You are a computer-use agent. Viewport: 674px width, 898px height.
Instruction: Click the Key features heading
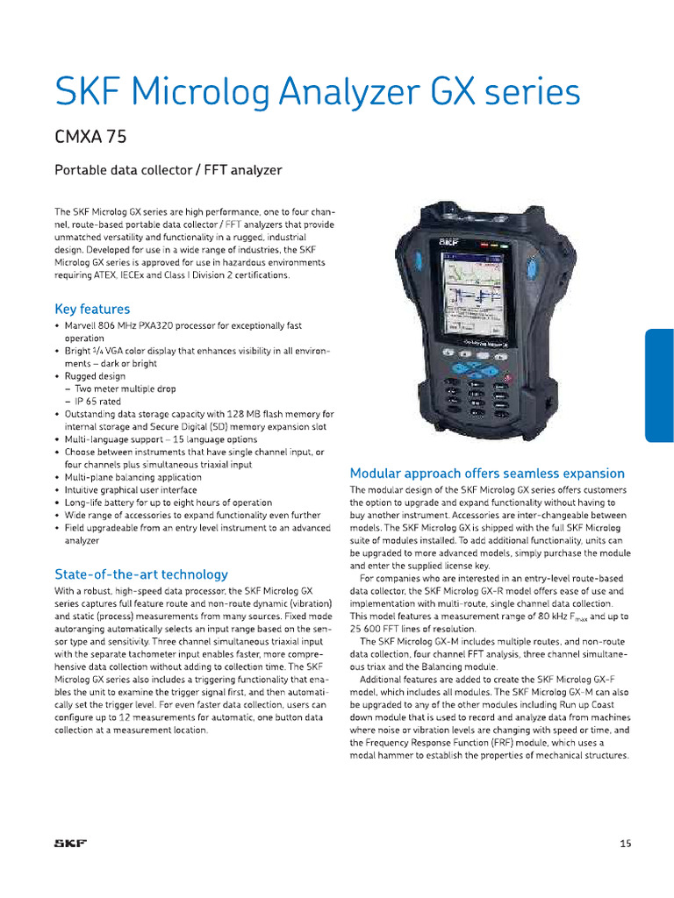coord(92,309)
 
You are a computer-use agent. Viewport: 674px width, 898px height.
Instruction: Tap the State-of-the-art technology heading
coord(140,574)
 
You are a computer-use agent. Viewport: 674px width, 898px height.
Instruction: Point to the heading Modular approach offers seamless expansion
coord(487,473)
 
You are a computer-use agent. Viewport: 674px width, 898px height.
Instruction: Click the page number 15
coord(625,844)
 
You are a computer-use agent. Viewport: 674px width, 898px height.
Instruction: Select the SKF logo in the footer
coord(71,844)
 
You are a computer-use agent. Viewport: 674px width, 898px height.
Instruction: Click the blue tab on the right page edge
coord(659,385)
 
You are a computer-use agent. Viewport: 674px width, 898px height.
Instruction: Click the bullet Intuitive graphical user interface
coord(131,489)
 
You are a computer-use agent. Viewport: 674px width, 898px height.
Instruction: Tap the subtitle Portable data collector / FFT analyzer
coord(168,169)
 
